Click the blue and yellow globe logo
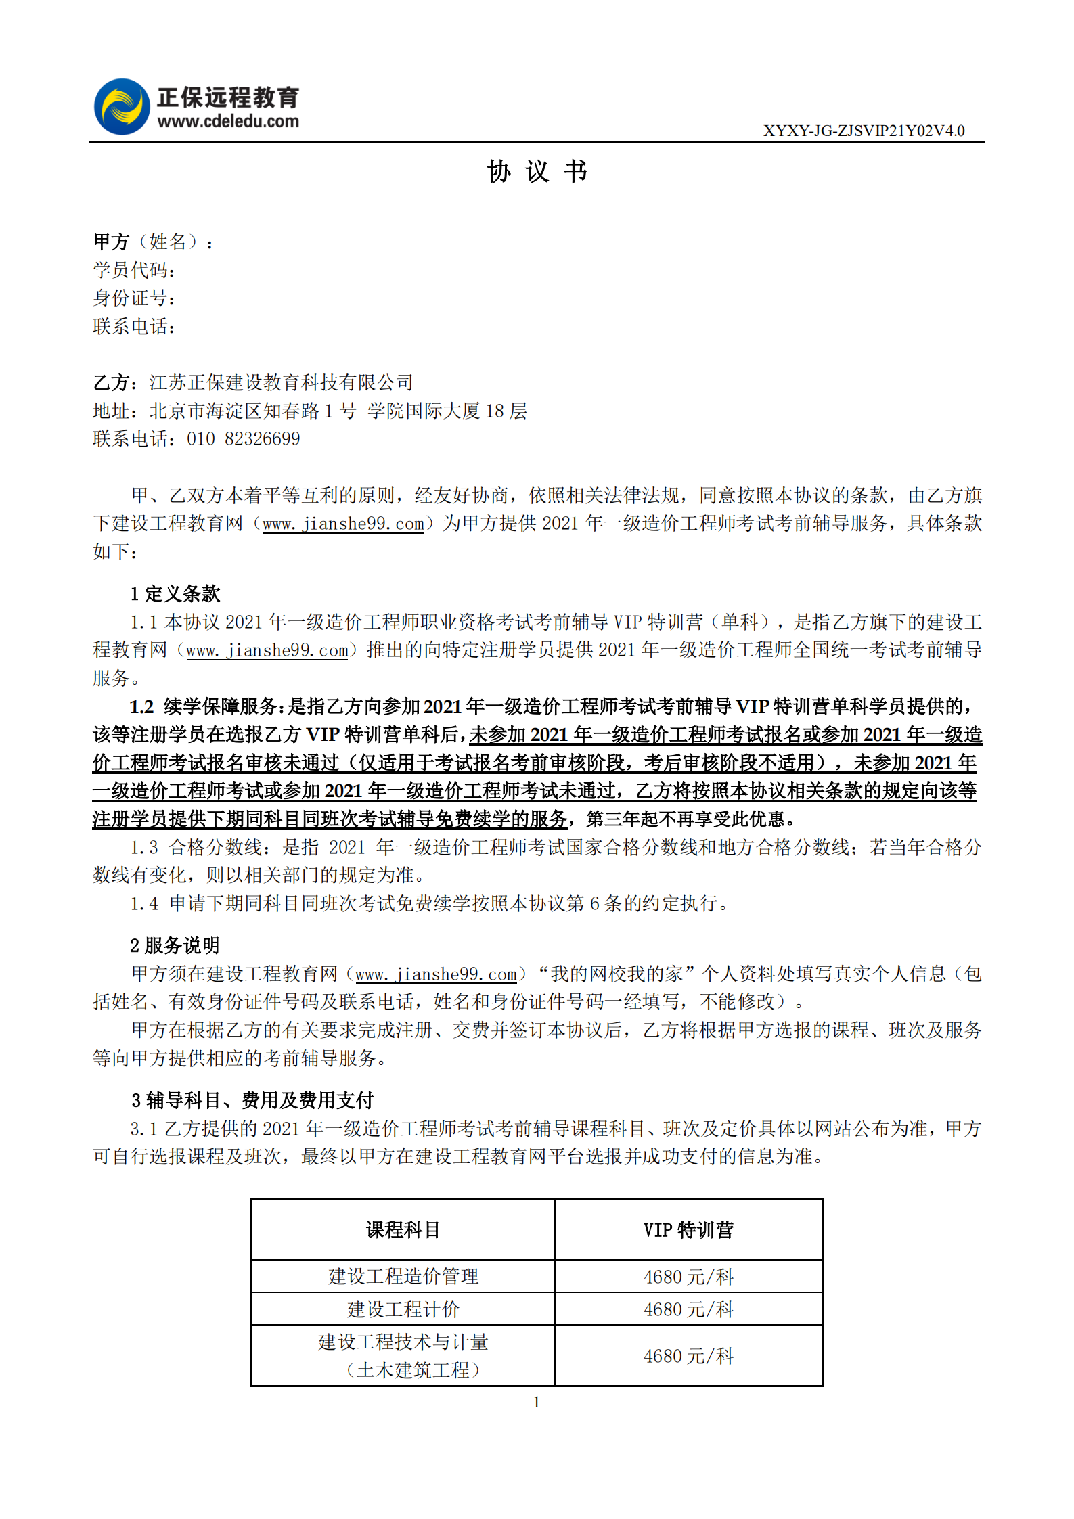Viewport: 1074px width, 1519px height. [x=122, y=107]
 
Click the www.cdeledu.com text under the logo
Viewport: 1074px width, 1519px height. [x=228, y=122]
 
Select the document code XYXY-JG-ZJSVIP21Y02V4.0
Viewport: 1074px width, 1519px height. [x=864, y=131]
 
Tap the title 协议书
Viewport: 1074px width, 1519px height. [x=537, y=172]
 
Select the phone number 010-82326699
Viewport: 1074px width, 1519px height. [x=243, y=439]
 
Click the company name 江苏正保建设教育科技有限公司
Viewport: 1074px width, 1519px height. [x=281, y=383]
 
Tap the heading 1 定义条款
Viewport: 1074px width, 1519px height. [x=175, y=594]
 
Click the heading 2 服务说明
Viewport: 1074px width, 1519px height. [x=175, y=945]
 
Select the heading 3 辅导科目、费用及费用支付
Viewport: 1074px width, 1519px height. [x=252, y=1100]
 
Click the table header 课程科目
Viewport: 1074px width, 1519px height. [x=403, y=1230]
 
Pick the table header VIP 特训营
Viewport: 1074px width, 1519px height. [x=688, y=1230]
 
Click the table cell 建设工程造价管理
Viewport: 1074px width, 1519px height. [x=403, y=1277]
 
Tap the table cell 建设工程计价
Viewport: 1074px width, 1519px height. [x=403, y=1309]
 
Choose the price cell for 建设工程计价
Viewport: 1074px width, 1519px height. [x=688, y=1309]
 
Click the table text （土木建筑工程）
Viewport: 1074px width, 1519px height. [x=413, y=1370]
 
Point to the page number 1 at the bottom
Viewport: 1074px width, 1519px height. [x=537, y=1403]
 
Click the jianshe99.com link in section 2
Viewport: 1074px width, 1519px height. [x=436, y=974]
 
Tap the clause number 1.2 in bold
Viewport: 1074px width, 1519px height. [x=142, y=707]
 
